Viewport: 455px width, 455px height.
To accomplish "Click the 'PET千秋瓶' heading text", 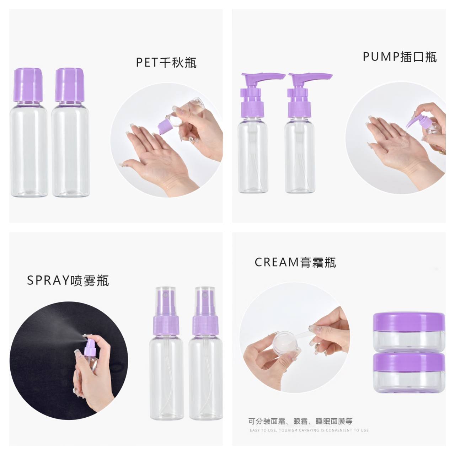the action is (x=166, y=62).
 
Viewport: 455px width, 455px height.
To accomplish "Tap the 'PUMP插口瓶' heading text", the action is (x=400, y=57).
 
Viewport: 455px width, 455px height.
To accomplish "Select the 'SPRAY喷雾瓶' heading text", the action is (x=68, y=280).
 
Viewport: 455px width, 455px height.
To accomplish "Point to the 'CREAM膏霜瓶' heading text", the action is (x=295, y=262).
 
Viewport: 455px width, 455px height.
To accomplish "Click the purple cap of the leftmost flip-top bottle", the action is (x=28, y=85).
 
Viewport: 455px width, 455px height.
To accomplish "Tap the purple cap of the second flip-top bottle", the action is (x=69, y=85).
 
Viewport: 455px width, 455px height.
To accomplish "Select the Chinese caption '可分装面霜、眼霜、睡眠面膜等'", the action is (x=300, y=421).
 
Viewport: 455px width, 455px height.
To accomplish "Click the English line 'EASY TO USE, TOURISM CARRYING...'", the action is (x=309, y=430).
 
